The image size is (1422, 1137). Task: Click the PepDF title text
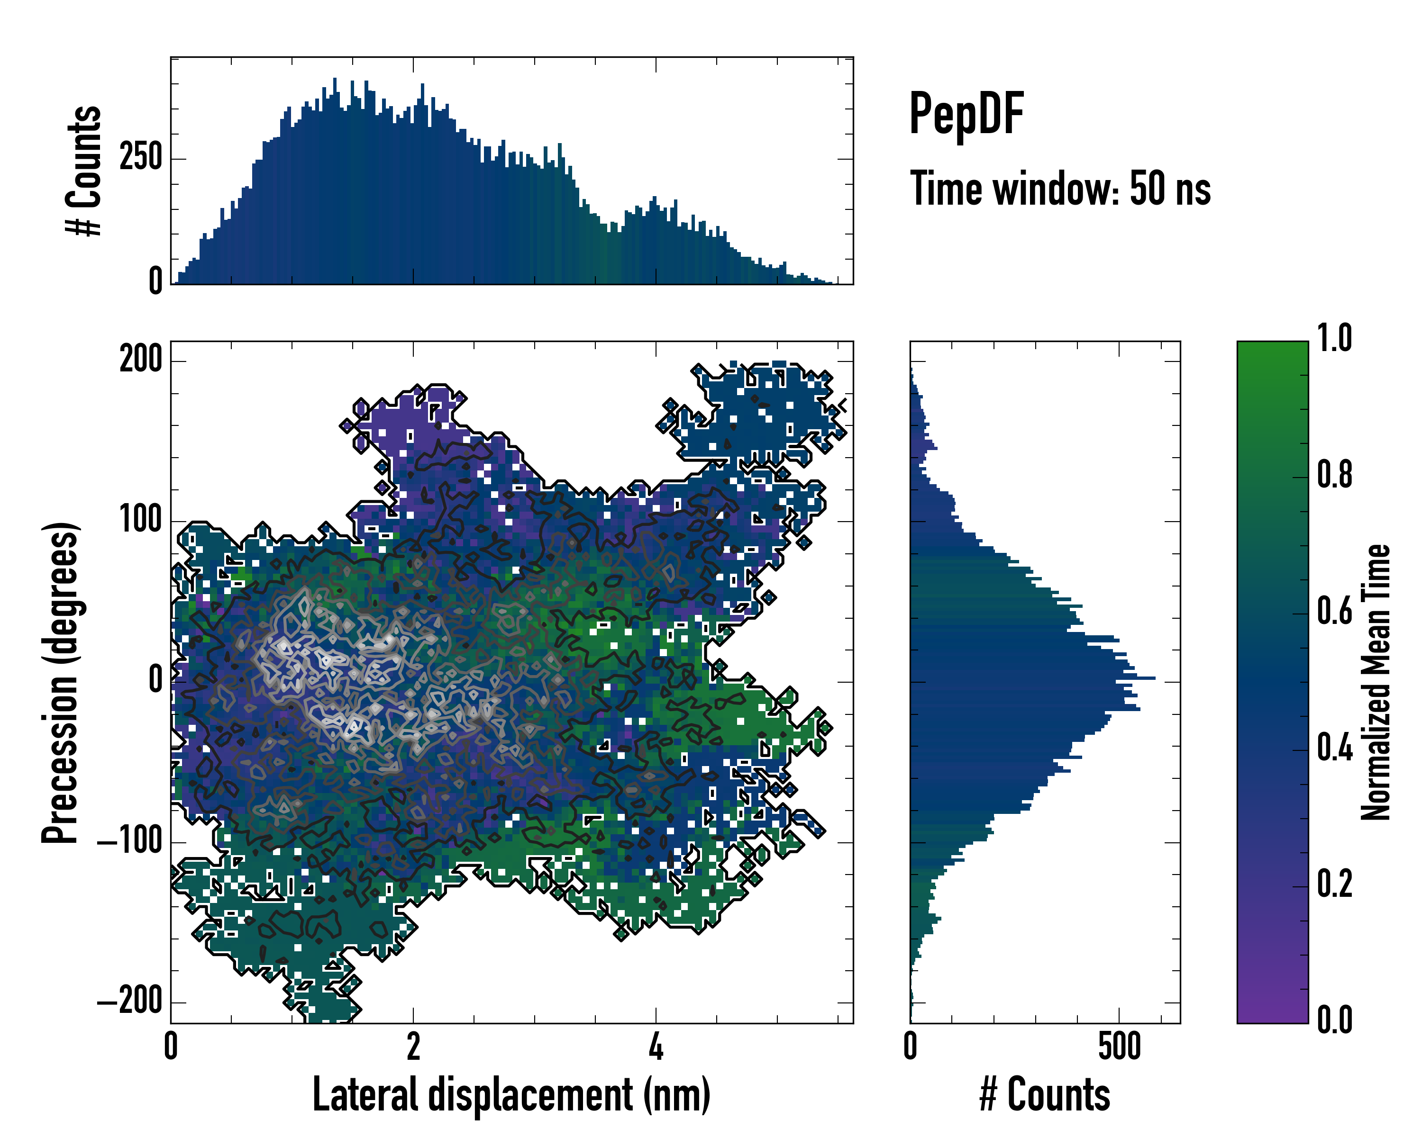[966, 115]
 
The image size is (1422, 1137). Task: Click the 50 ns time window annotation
[1060, 189]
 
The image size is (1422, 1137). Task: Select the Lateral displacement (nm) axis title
[511, 1095]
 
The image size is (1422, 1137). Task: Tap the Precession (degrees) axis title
[61, 683]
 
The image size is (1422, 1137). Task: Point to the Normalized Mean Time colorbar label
[1376, 682]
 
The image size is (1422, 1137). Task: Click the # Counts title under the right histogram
[1045, 1095]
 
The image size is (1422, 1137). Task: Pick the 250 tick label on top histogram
[140, 158]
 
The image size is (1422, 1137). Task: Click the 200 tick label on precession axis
[140, 360]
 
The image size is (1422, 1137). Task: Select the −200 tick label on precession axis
[129, 1002]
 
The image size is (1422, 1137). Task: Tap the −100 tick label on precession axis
[129, 842]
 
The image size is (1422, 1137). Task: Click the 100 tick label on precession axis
[140, 521]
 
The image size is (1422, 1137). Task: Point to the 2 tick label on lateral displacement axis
[413, 1047]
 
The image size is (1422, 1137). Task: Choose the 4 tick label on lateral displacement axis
[656, 1047]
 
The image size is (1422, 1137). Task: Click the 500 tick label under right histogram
[1119, 1047]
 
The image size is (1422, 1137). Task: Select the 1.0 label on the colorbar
[1334, 338]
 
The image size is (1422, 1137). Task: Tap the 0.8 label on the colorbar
[1334, 475]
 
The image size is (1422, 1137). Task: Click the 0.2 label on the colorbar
[1334, 884]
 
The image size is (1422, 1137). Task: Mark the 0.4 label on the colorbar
[1334, 748]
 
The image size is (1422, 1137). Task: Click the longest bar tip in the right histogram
[1154, 677]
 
